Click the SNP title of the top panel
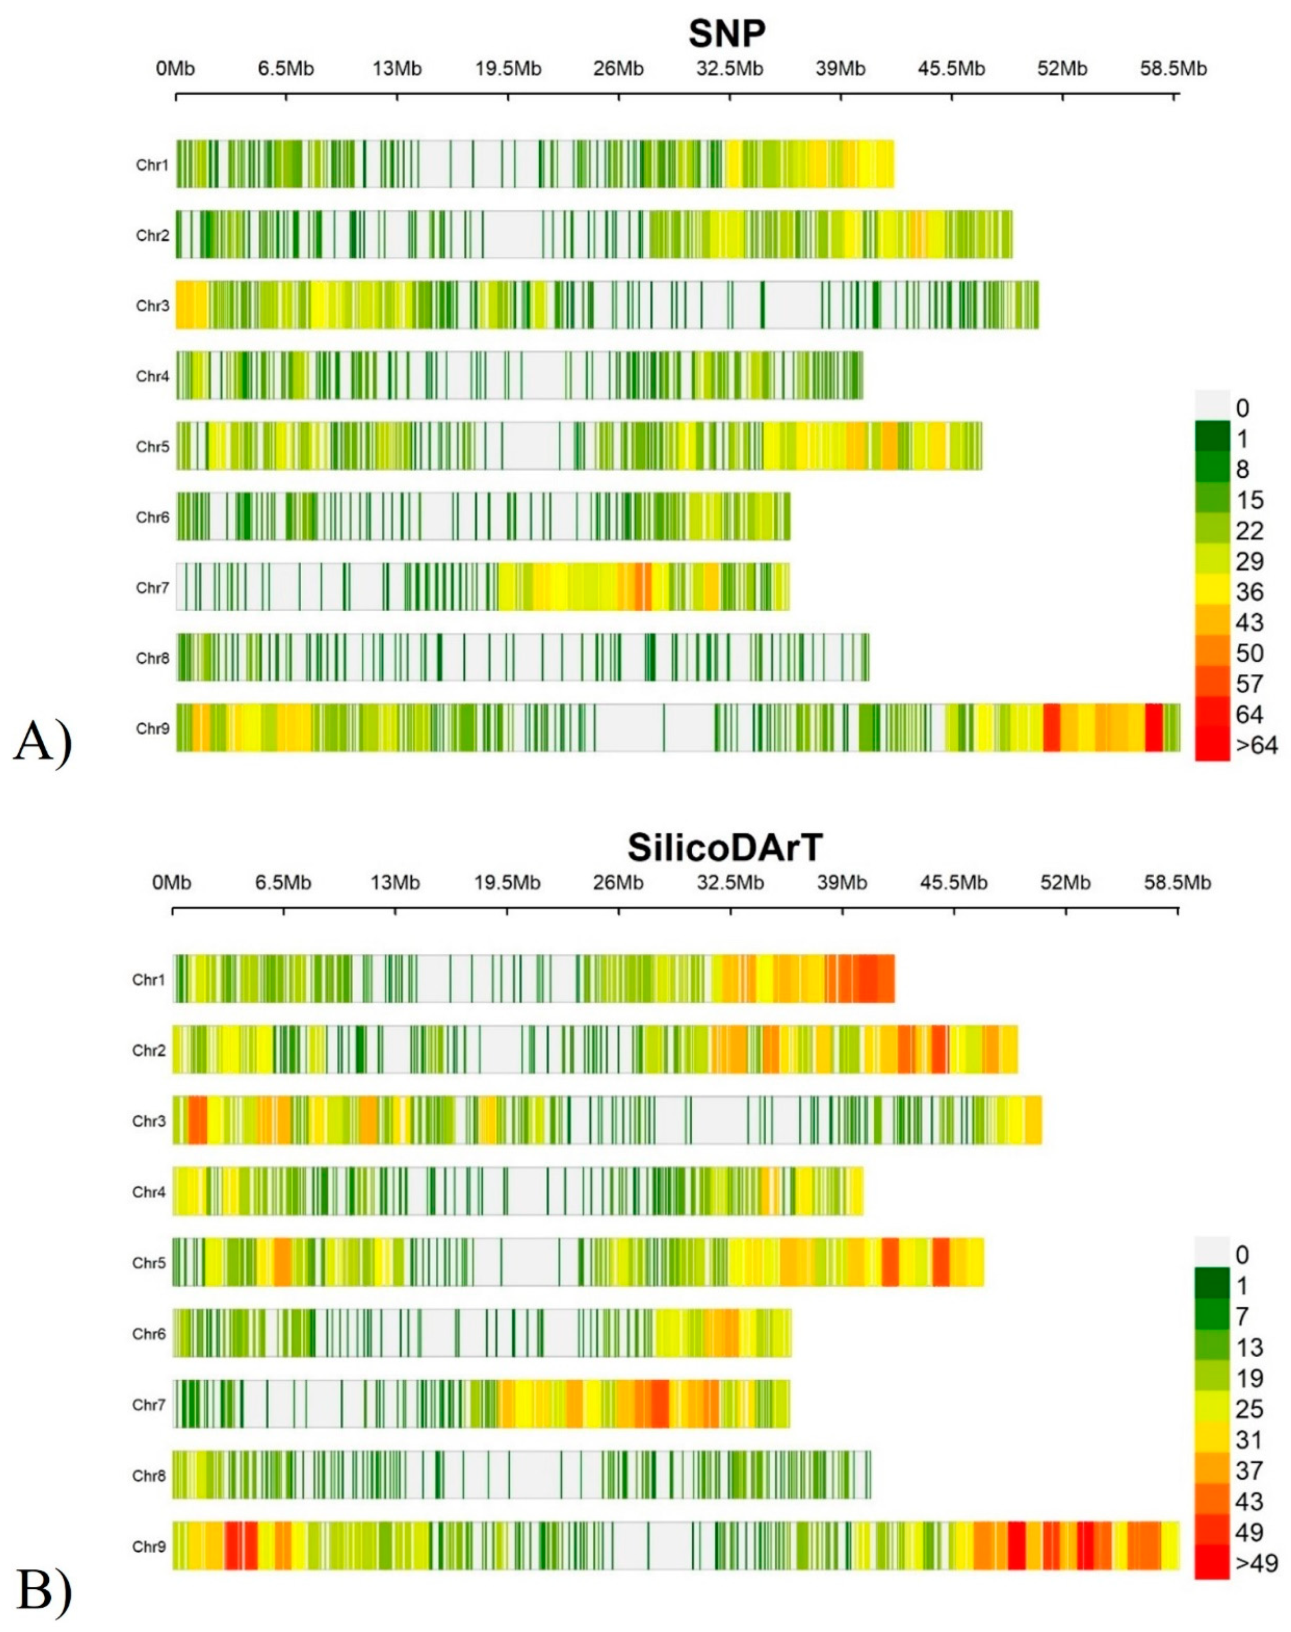727,34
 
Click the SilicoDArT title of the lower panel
724,848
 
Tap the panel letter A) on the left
42,741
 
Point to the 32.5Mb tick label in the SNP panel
729,69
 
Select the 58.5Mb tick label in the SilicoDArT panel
1177,882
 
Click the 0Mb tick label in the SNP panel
175,69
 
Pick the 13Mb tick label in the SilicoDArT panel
395,882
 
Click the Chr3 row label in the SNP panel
153,306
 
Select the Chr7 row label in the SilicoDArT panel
149,1405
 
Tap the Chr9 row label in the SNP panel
153,729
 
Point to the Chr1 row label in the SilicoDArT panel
149,980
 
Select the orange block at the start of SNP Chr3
191,305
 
